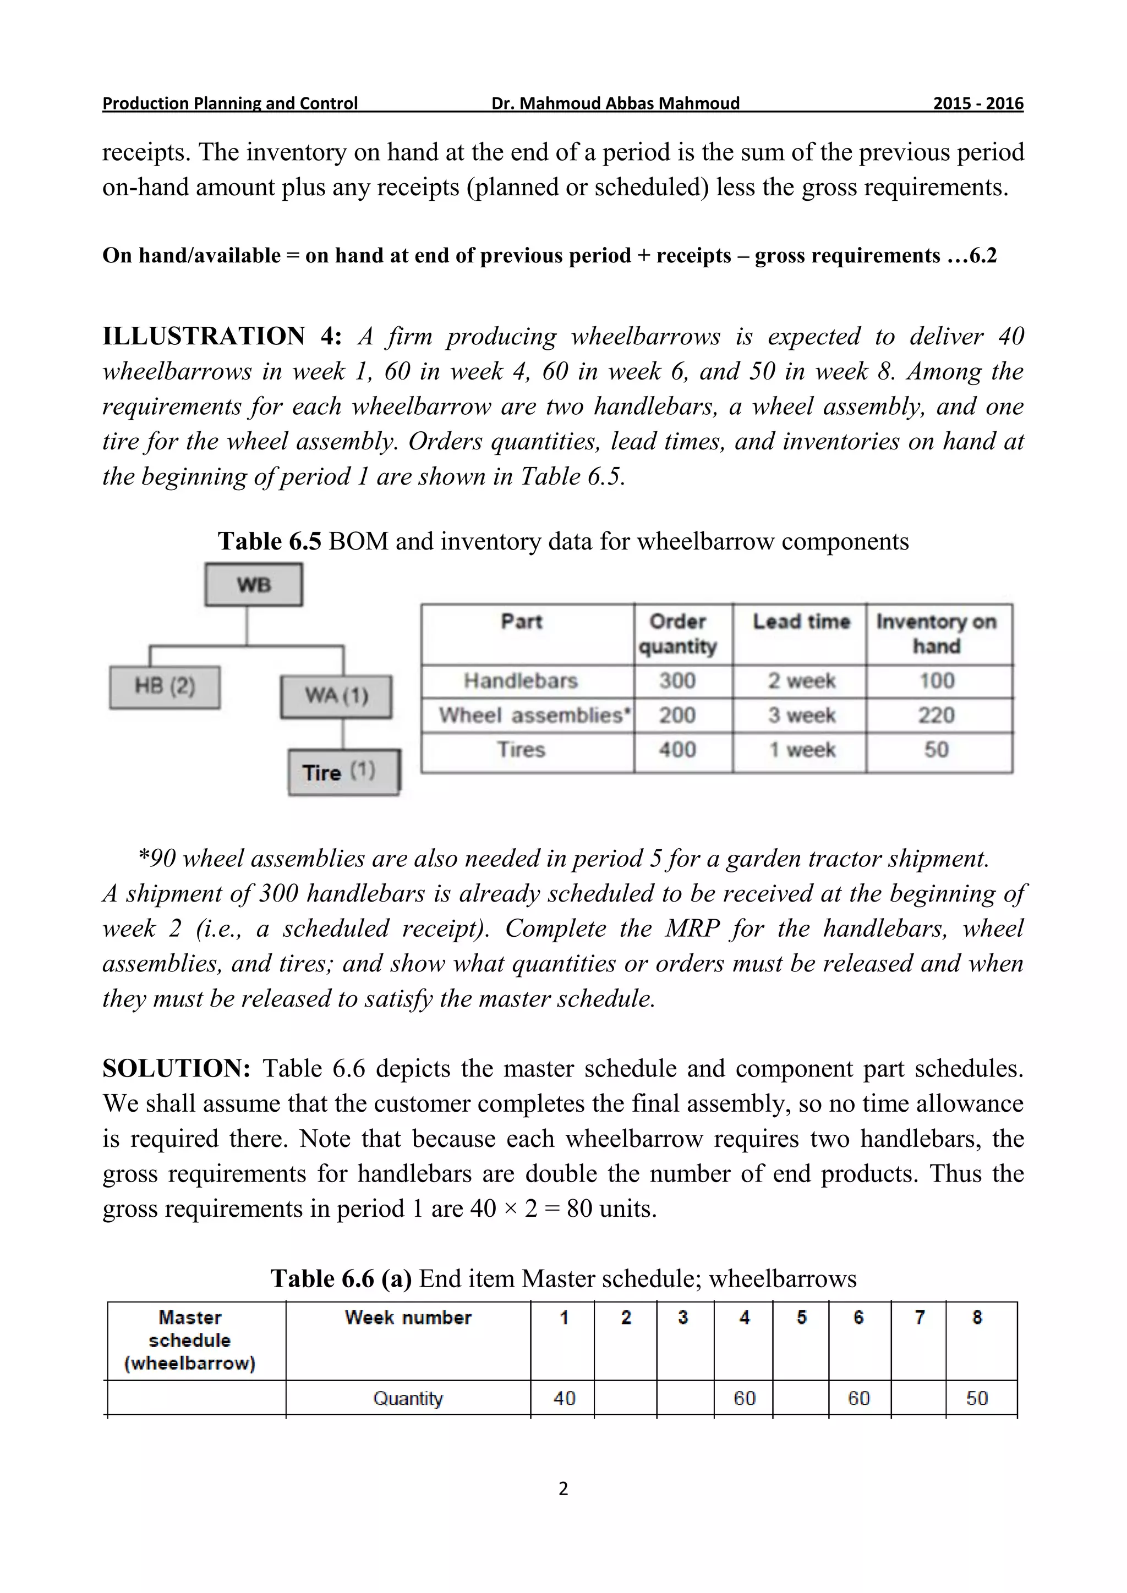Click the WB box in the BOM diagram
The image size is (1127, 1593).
pos(253,585)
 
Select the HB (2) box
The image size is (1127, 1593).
pos(165,687)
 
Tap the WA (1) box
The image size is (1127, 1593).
pos(336,696)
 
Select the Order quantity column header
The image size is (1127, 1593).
pos(677,634)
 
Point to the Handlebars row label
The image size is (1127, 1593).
pos(521,680)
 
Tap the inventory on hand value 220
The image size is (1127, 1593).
pos(936,715)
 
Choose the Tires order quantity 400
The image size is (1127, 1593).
pos(677,750)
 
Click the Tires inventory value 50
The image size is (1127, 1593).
pos(936,750)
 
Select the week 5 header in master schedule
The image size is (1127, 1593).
pos(802,1317)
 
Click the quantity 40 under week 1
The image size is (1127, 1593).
pos(564,1398)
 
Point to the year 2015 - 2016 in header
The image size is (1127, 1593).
pos(977,103)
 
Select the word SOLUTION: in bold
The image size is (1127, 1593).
pos(176,1068)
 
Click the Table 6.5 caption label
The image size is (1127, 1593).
pos(269,541)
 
